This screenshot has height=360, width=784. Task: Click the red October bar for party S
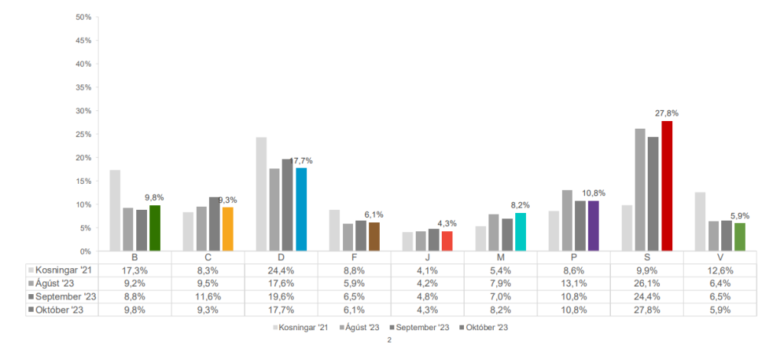pos(667,186)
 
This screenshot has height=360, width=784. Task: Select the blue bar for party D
pos(301,210)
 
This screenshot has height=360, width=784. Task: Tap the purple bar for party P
pos(593,226)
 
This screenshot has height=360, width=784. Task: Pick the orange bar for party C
pos(228,229)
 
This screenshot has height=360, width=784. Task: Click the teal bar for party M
pos(521,232)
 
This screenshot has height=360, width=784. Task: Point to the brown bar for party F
pos(374,237)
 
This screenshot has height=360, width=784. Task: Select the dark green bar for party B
pos(155,228)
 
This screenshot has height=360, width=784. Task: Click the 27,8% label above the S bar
pos(667,113)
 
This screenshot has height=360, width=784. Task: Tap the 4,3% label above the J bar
pos(447,224)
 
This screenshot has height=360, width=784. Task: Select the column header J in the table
pos(427,257)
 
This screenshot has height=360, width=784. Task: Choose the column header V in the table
pos(720,257)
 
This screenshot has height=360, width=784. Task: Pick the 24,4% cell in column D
pos(281,270)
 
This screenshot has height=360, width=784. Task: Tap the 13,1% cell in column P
pos(573,283)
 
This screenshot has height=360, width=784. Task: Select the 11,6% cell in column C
pos(208,296)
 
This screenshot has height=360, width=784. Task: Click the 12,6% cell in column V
pos(720,270)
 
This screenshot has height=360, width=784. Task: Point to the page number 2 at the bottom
pos(390,340)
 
